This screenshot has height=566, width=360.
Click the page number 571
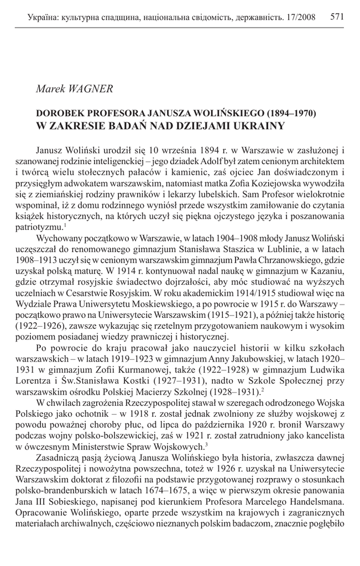[337, 17]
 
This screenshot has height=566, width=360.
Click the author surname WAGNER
[92, 88]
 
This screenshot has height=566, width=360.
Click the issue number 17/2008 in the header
[298, 18]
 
